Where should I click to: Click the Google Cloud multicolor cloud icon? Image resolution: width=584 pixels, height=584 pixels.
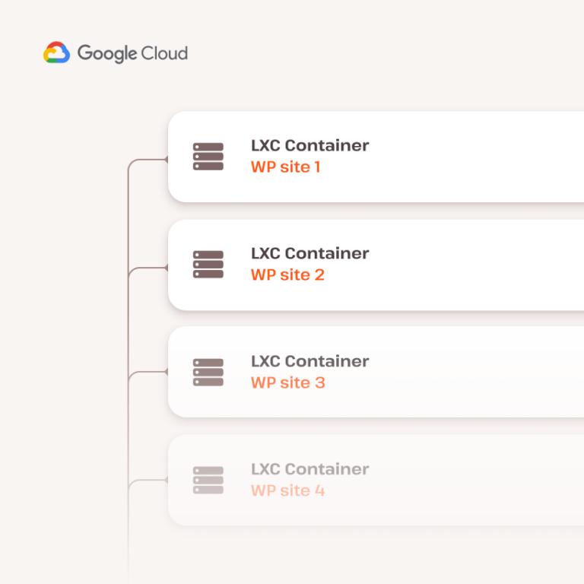56,52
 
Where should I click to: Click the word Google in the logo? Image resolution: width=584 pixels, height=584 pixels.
107,54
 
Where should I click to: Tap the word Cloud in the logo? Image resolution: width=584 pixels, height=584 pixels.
164,52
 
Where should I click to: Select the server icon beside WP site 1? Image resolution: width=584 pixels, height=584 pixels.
208,157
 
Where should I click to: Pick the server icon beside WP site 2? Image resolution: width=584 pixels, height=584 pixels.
208,265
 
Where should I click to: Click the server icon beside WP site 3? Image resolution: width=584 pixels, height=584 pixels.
208,373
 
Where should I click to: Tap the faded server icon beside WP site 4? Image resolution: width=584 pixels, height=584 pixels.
208,481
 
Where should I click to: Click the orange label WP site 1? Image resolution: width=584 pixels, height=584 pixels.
286,167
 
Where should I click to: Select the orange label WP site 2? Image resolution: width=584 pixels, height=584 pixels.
287,275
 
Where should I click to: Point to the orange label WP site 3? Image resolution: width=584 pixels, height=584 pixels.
288,383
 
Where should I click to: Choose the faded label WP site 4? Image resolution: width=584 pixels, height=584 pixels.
288,490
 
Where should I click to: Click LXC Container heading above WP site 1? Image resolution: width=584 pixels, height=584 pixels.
310,145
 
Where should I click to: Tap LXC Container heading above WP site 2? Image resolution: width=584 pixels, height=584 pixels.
310,253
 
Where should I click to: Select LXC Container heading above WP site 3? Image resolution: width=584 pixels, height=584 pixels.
310,361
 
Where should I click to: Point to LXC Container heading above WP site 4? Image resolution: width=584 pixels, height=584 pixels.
310,469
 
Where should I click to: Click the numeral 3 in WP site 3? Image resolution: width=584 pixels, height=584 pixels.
320,383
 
